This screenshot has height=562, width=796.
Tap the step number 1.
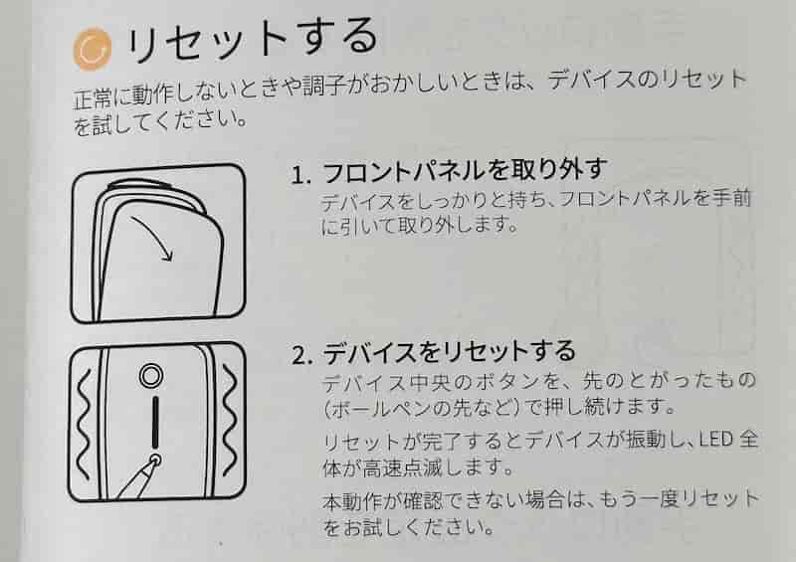(x=300, y=175)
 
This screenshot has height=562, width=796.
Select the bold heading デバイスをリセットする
(x=449, y=352)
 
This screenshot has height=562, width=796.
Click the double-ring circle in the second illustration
(x=151, y=376)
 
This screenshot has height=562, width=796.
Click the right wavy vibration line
(x=230, y=423)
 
